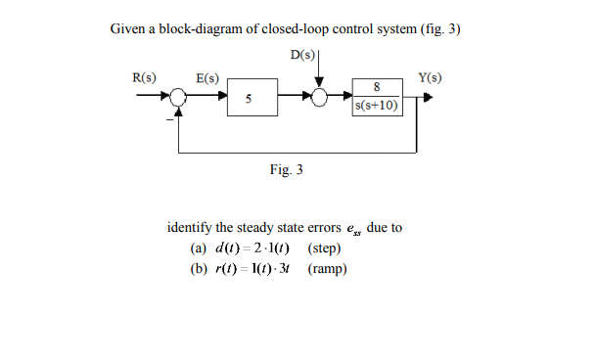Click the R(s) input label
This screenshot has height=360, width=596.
click(144, 76)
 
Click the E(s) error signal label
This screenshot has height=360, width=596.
click(207, 76)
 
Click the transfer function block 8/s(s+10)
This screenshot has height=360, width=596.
click(376, 97)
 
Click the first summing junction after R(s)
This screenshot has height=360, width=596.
click(179, 98)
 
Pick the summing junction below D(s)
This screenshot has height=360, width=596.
click(318, 98)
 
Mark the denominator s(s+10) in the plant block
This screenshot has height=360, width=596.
click(376, 106)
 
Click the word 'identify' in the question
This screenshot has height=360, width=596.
click(192, 228)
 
